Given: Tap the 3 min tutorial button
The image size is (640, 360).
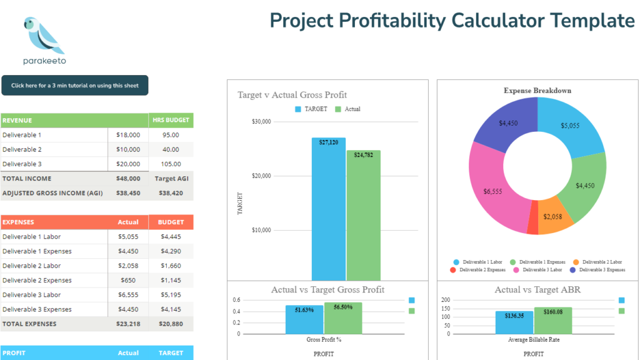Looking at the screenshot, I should click(x=74, y=86).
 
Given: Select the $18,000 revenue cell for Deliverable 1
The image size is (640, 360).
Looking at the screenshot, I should click(x=129, y=135).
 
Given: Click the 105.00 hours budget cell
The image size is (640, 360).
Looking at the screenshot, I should click(x=171, y=164).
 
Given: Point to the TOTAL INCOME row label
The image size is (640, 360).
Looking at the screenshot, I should click(x=27, y=179).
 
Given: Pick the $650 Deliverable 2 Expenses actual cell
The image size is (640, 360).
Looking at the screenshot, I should click(x=128, y=281).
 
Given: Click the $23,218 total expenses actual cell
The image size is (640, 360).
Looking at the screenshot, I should click(x=128, y=324).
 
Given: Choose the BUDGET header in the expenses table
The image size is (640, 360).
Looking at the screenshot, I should click(x=171, y=222).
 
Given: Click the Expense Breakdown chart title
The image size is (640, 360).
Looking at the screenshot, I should click(x=537, y=91).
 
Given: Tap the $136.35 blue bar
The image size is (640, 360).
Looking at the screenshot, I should click(x=514, y=322).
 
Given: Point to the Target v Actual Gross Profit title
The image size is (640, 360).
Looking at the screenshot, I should click(x=292, y=95).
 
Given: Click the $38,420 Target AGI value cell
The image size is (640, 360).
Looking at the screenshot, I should click(x=171, y=193).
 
